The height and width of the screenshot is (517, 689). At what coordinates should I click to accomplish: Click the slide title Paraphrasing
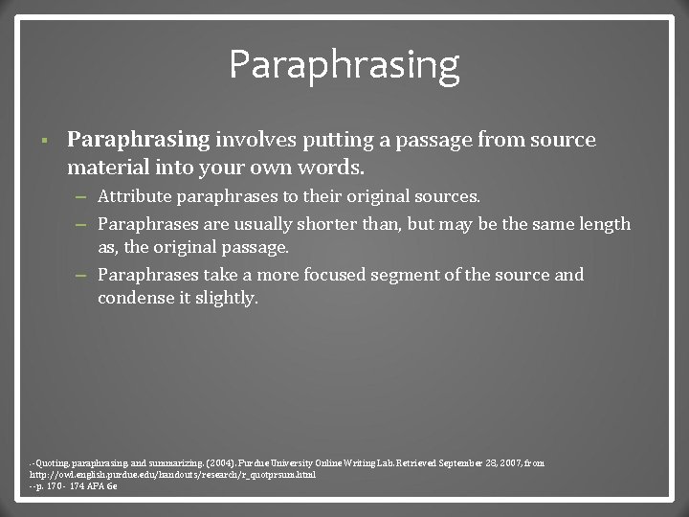click(344, 65)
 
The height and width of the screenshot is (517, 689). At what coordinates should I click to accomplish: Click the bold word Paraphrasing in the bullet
click(138, 141)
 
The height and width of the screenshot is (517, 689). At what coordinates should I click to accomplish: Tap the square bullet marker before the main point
click(33, 141)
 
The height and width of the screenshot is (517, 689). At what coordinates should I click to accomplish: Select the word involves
click(256, 141)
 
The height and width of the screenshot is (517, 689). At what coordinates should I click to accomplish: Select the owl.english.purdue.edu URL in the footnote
click(173, 475)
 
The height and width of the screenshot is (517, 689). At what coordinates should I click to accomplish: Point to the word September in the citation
click(464, 463)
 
